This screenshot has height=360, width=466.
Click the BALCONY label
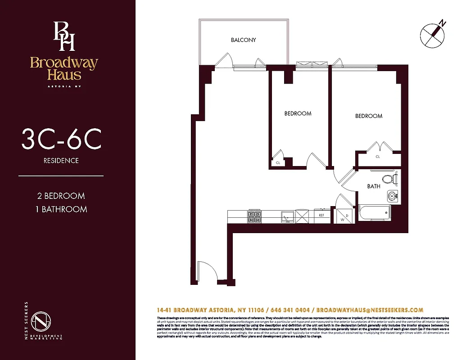pyautogui.click(x=243, y=40)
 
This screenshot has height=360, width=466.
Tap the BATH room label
pyautogui.click(x=373, y=186)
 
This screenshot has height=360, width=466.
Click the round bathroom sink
pyautogui.click(x=392, y=196)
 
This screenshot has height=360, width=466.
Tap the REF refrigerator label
pyautogui.click(x=321, y=216)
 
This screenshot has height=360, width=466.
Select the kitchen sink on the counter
pyautogui.click(x=286, y=218)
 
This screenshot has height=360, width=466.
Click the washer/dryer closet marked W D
pyautogui.click(x=344, y=215)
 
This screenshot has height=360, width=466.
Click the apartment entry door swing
pyautogui.click(x=205, y=272)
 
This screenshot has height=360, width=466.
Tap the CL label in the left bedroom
pyautogui.click(x=278, y=163)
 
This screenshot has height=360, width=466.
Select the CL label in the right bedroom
pyautogui.click(x=378, y=157)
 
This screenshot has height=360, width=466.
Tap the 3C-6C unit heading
pyautogui.click(x=61, y=139)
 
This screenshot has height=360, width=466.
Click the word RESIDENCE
pyautogui.click(x=61, y=161)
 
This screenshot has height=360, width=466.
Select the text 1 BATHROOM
pyautogui.click(x=61, y=209)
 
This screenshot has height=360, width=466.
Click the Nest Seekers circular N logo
pyautogui.click(x=41, y=321)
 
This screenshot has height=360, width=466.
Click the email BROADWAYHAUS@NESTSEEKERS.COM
pyautogui.click(x=370, y=310)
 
